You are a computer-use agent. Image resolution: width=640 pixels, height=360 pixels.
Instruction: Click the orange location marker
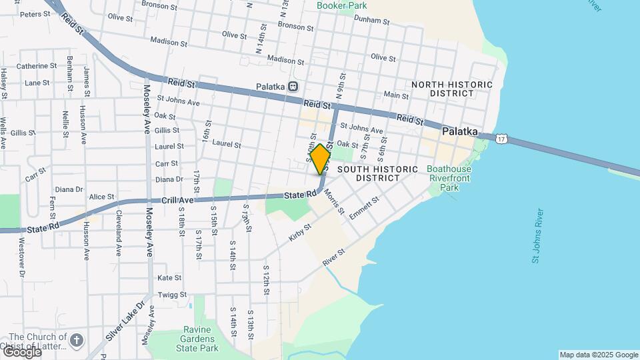321,159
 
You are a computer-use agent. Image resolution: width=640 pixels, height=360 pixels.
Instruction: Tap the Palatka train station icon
293,87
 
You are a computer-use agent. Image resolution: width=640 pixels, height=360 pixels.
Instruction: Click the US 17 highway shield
502,137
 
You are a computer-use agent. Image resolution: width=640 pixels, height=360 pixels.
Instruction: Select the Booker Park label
342,5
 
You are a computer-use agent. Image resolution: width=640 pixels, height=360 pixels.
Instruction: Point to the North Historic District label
452,89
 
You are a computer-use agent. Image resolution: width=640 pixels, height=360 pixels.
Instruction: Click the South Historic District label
377,173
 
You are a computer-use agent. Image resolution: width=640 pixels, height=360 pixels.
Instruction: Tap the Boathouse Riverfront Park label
448,178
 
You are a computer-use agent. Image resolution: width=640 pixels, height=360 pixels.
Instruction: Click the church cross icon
77,341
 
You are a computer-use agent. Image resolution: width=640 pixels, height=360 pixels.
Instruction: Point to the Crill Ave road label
177,200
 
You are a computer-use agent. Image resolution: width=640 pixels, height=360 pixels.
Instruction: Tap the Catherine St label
37,66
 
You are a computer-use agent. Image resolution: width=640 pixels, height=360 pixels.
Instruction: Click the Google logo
21,351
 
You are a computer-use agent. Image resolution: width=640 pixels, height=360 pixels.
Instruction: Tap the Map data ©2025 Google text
598,355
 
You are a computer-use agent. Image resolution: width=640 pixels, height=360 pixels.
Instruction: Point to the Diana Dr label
169,179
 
